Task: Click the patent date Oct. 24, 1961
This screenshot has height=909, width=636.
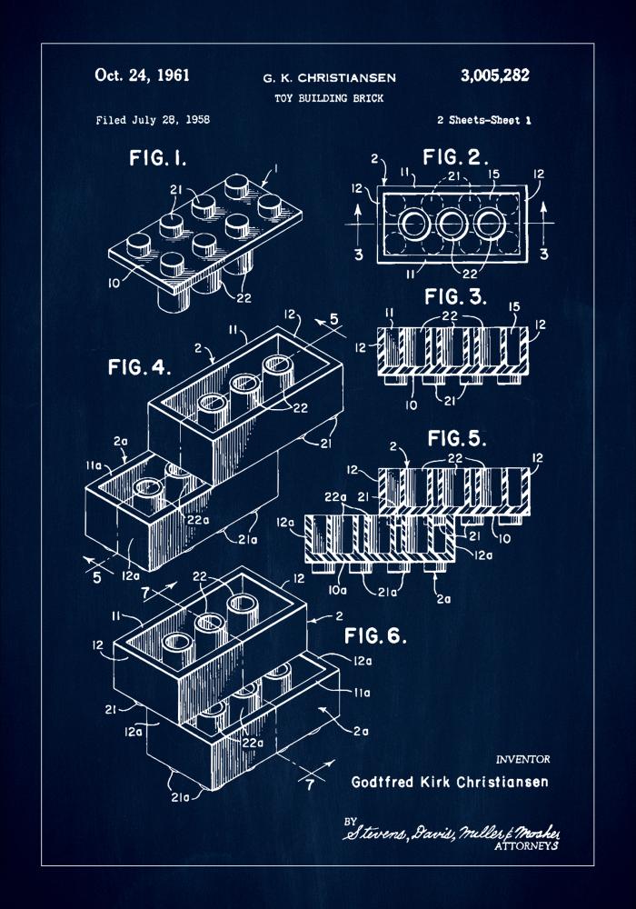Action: [142, 75]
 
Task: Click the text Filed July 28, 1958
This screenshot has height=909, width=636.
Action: [153, 120]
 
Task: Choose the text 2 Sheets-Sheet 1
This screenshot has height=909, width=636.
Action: [483, 120]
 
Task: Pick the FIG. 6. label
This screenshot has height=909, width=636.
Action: [375, 634]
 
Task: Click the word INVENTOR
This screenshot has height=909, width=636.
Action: [522, 758]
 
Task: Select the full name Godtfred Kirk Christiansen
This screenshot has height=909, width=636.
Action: [449, 782]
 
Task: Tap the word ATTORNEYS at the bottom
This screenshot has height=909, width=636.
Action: [525, 845]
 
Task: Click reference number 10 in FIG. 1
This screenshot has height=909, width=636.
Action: [114, 283]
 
